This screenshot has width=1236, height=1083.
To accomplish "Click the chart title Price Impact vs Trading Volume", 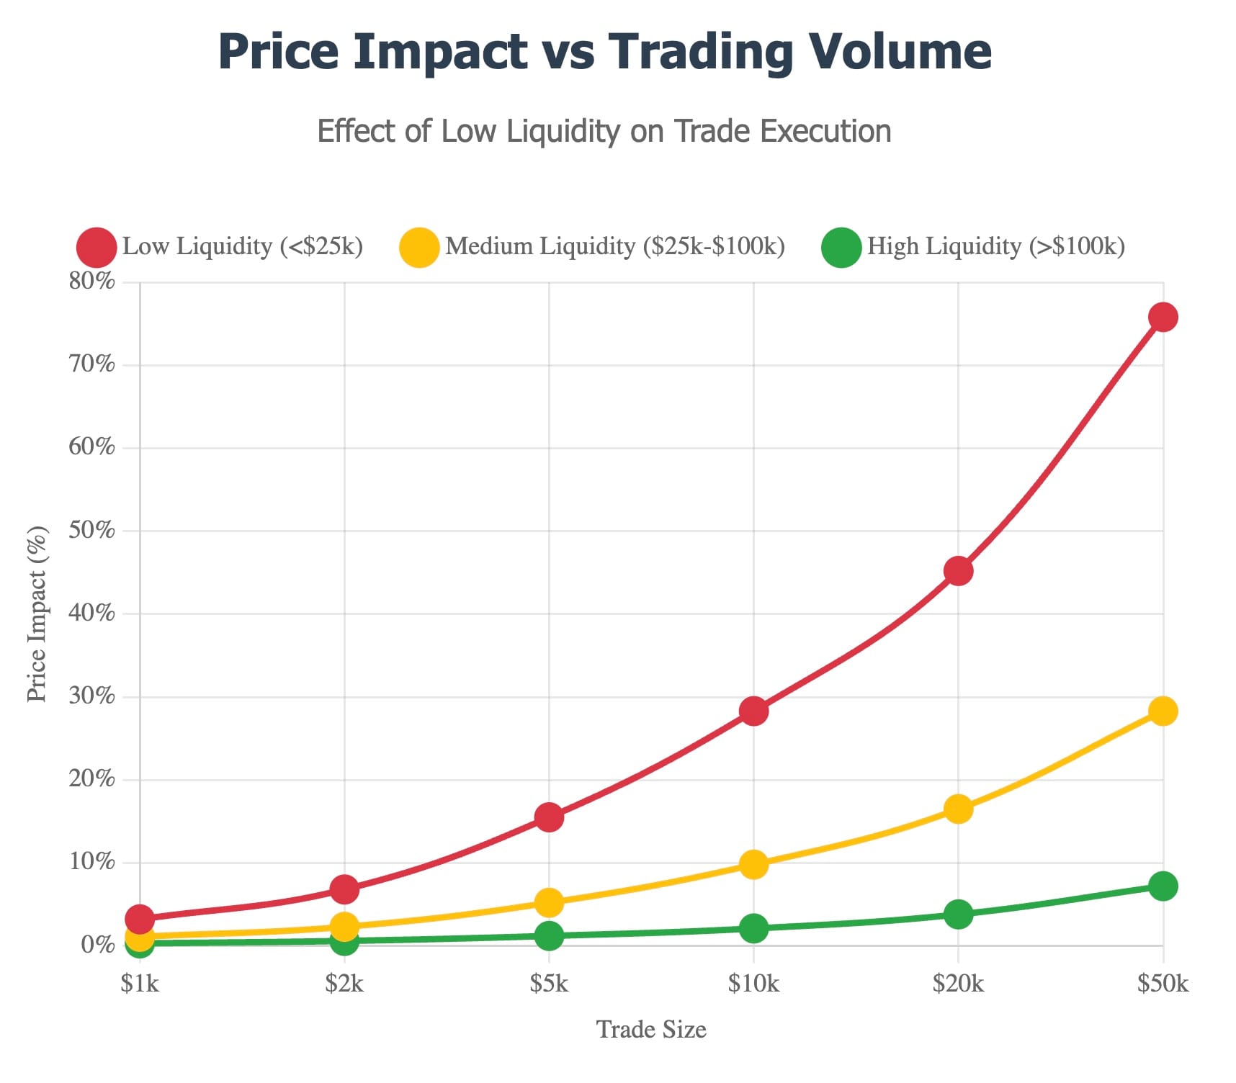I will [x=605, y=52].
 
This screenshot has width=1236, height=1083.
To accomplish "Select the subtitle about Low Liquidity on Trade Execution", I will [x=604, y=132].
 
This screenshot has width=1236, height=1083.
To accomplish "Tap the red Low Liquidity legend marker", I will [x=97, y=247].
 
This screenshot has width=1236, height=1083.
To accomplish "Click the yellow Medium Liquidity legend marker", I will [x=419, y=247].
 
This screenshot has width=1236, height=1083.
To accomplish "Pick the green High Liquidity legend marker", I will [x=841, y=247].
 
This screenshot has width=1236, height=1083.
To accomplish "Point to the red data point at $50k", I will [x=1163, y=317].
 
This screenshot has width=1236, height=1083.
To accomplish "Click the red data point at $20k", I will [x=958, y=571].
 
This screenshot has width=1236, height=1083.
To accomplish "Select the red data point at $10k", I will [x=753, y=711].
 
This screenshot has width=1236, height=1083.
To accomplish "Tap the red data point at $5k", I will [x=549, y=817].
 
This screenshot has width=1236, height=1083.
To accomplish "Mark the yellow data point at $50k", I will [x=1163, y=711].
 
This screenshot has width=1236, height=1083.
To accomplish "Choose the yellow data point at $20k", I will [x=958, y=809].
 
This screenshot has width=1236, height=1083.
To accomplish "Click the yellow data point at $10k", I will [x=753, y=864].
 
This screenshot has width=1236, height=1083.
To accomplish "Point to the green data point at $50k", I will [x=1163, y=886].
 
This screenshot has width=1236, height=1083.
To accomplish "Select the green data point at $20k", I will [x=958, y=915].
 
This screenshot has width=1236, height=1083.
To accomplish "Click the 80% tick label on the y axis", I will [x=91, y=281].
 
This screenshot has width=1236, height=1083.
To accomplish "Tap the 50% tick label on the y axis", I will [x=91, y=530].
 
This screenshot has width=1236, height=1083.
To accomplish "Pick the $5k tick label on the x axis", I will [x=549, y=984].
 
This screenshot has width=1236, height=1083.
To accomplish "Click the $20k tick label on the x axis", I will [x=958, y=984].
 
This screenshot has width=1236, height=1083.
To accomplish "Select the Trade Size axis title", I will [x=651, y=1030].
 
